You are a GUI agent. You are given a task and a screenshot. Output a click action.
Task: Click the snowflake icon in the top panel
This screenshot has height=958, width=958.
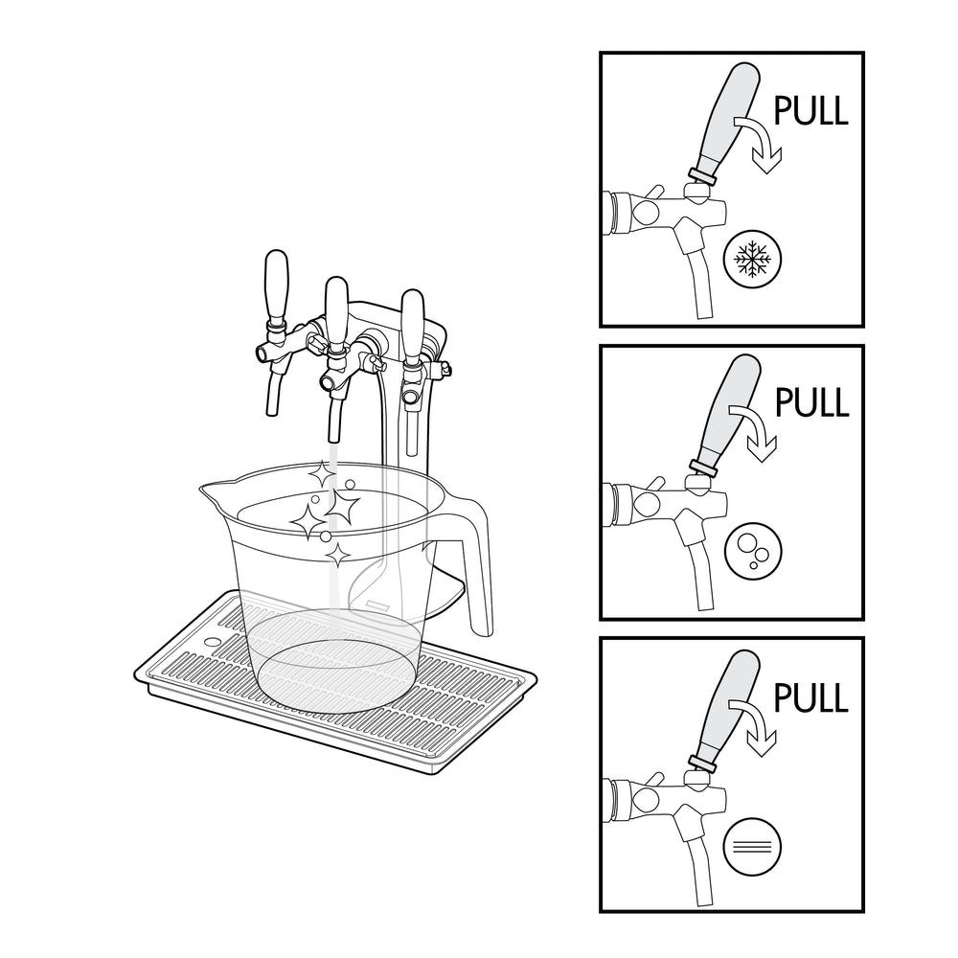click(752, 259)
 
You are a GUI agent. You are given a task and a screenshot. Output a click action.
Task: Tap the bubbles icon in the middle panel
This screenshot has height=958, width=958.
click(753, 551)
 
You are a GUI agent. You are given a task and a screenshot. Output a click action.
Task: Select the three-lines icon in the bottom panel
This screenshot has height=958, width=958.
click(752, 847)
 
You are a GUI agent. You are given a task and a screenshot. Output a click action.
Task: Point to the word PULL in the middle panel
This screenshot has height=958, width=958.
click(812, 402)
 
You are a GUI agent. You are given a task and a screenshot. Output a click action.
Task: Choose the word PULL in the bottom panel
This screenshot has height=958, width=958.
click(810, 697)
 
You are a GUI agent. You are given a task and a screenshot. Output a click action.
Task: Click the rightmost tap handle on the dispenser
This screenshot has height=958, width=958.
click(412, 327)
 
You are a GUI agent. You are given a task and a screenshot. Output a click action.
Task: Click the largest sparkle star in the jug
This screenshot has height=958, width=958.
click(342, 507)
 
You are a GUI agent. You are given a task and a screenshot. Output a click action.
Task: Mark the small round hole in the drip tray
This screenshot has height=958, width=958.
click(212, 643)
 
